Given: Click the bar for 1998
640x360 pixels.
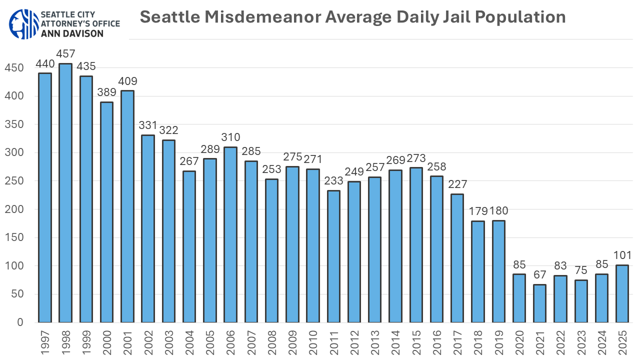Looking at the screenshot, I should (x=65, y=193).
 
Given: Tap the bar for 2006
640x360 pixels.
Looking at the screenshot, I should (x=230, y=234).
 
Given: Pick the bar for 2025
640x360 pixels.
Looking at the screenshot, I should (x=622, y=293).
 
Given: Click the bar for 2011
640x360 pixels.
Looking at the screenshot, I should (x=333, y=256).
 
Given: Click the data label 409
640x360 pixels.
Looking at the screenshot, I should (x=127, y=81).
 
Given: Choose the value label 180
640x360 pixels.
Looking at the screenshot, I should (x=500, y=211).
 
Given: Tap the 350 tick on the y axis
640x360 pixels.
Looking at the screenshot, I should (x=13, y=124).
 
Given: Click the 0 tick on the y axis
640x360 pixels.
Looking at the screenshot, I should (x=20, y=322).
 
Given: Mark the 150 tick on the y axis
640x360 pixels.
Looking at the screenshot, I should (x=13, y=237).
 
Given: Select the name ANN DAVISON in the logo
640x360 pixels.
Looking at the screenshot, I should (x=72, y=33).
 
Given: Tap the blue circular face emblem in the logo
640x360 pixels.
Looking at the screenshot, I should (x=22, y=23).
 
